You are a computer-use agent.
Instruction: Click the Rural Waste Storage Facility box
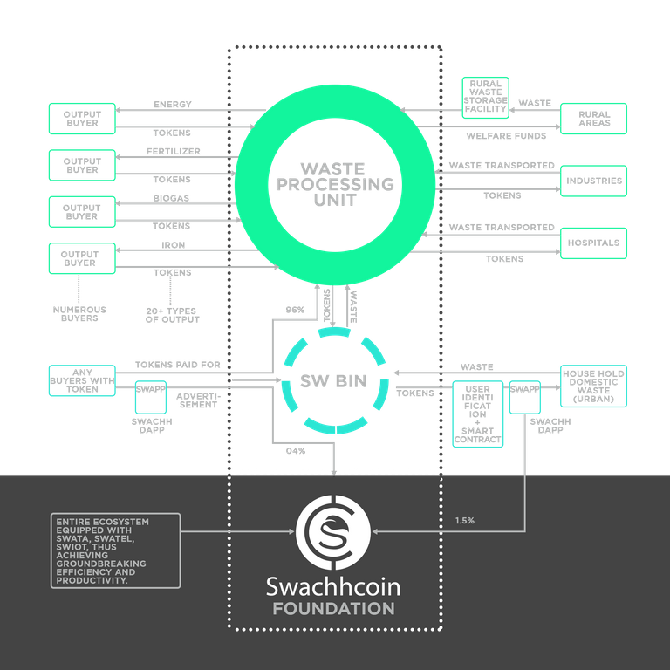pyautogui.click(x=485, y=98)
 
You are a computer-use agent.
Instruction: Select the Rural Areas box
pyautogui.click(x=593, y=119)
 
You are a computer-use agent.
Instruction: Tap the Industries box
pyautogui.click(x=593, y=181)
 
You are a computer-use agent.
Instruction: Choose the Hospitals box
pyautogui.click(x=593, y=243)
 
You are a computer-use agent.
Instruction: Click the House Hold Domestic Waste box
pyautogui.click(x=593, y=386)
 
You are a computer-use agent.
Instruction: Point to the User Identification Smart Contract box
pyautogui.click(x=478, y=414)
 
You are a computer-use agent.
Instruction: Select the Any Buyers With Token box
pyautogui.click(x=82, y=380)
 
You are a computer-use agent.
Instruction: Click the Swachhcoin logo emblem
pyautogui.click(x=333, y=532)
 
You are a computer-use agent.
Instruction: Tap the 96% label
pyautogui.click(x=295, y=310)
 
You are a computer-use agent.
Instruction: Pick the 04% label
pyautogui.click(x=296, y=451)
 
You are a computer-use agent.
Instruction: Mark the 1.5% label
pyautogui.click(x=465, y=521)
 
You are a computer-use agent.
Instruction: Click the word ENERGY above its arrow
pyautogui.click(x=173, y=105)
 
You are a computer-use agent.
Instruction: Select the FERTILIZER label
pyautogui.click(x=174, y=151)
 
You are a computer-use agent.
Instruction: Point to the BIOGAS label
pyautogui.click(x=171, y=198)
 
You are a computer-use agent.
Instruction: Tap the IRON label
pyautogui.click(x=174, y=245)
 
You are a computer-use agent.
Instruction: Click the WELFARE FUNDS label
pyautogui.click(x=506, y=136)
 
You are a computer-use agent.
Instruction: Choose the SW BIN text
pyautogui.click(x=333, y=380)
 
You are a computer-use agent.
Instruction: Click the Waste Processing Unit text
pyautogui.click(x=335, y=185)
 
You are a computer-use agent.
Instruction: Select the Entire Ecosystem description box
pyautogui.click(x=115, y=550)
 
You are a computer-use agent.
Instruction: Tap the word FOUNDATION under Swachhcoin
pyautogui.click(x=334, y=609)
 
